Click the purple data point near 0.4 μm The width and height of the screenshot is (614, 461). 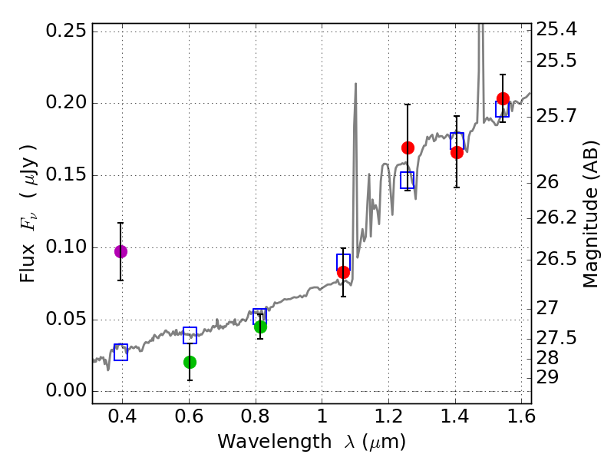pyautogui.click(x=120, y=251)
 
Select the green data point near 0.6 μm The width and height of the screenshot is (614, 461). pyautogui.click(x=190, y=362)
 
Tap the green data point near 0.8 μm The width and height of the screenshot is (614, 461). pyautogui.click(x=260, y=327)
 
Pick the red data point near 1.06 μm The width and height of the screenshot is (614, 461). pyautogui.click(x=343, y=272)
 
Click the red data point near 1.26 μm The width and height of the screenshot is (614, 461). pyautogui.click(x=408, y=148)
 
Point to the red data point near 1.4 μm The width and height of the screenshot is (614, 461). pyautogui.click(x=457, y=152)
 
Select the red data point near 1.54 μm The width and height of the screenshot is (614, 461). pyautogui.click(x=503, y=98)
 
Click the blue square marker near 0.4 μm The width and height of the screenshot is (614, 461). pyautogui.click(x=120, y=352)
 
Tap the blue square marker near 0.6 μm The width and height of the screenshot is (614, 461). pyautogui.click(x=190, y=335)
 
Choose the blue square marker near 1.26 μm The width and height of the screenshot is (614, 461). pyautogui.click(x=408, y=180)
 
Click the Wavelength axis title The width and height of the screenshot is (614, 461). pyautogui.click(x=311, y=442)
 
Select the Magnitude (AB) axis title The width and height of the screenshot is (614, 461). pyautogui.click(x=590, y=214)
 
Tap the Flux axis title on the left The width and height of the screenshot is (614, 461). pyautogui.click(x=28, y=202)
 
